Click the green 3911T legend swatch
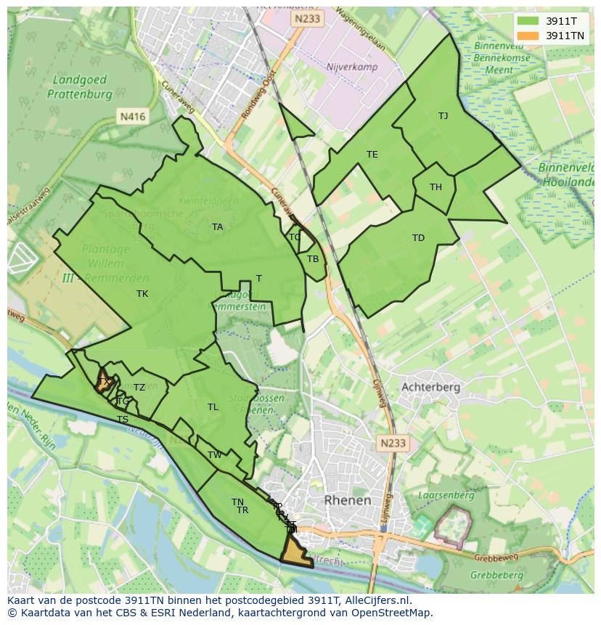tap(528, 21)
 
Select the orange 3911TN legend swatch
tap(528, 36)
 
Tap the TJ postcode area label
tap(443, 115)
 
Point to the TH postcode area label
tap(436, 187)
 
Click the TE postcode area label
tap(372, 155)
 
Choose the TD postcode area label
tap(418, 238)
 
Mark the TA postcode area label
tap(217, 227)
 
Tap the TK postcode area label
tap(142, 294)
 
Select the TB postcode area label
tap(313, 259)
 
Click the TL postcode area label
tap(213, 407)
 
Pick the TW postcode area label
tap(215, 455)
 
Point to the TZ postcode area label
tap(139, 388)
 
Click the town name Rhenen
tap(347, 500)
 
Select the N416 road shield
tap(133, 116)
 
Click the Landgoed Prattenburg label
tap(80, 86)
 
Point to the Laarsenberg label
tap(446, 495)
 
